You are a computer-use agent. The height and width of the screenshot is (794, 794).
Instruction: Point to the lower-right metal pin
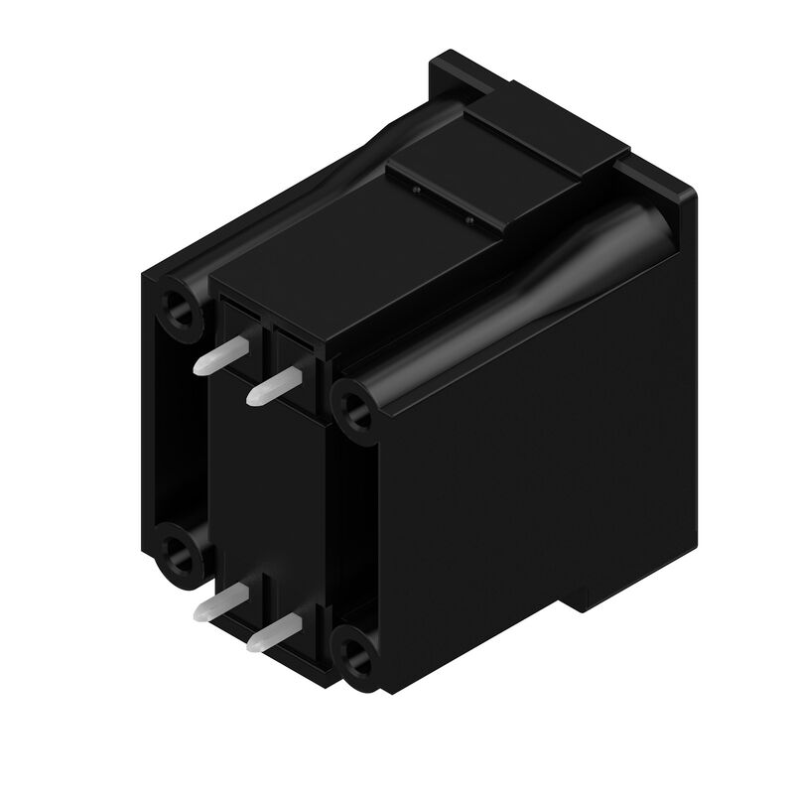coord(273,630)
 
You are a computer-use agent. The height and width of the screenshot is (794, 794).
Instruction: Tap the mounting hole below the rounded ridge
coord(351,405)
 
